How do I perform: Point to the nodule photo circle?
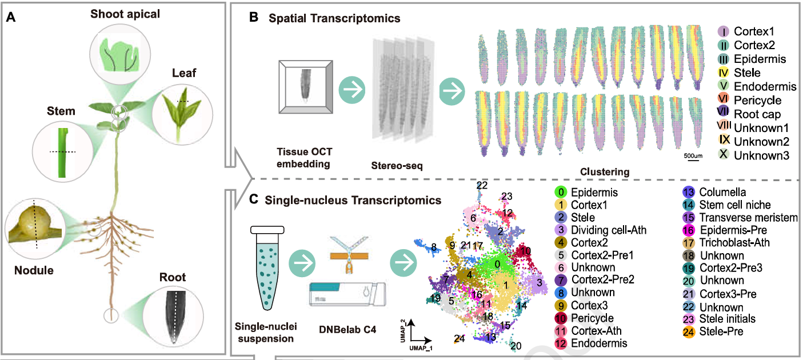34,224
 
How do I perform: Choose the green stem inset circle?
62,152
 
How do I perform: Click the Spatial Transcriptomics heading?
334,18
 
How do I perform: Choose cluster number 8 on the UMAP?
434,247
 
